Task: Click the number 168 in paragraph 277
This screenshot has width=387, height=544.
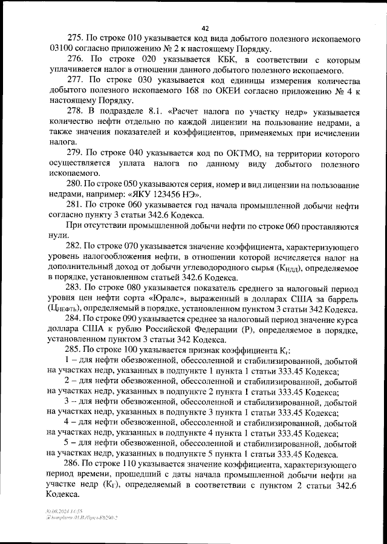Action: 163,91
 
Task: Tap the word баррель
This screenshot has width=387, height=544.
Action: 343,299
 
